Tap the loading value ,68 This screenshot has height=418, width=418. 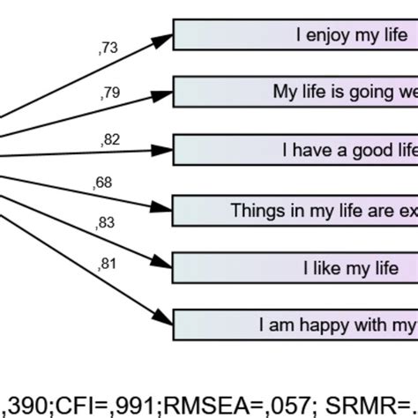102,183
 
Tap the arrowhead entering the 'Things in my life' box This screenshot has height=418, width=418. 164,208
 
